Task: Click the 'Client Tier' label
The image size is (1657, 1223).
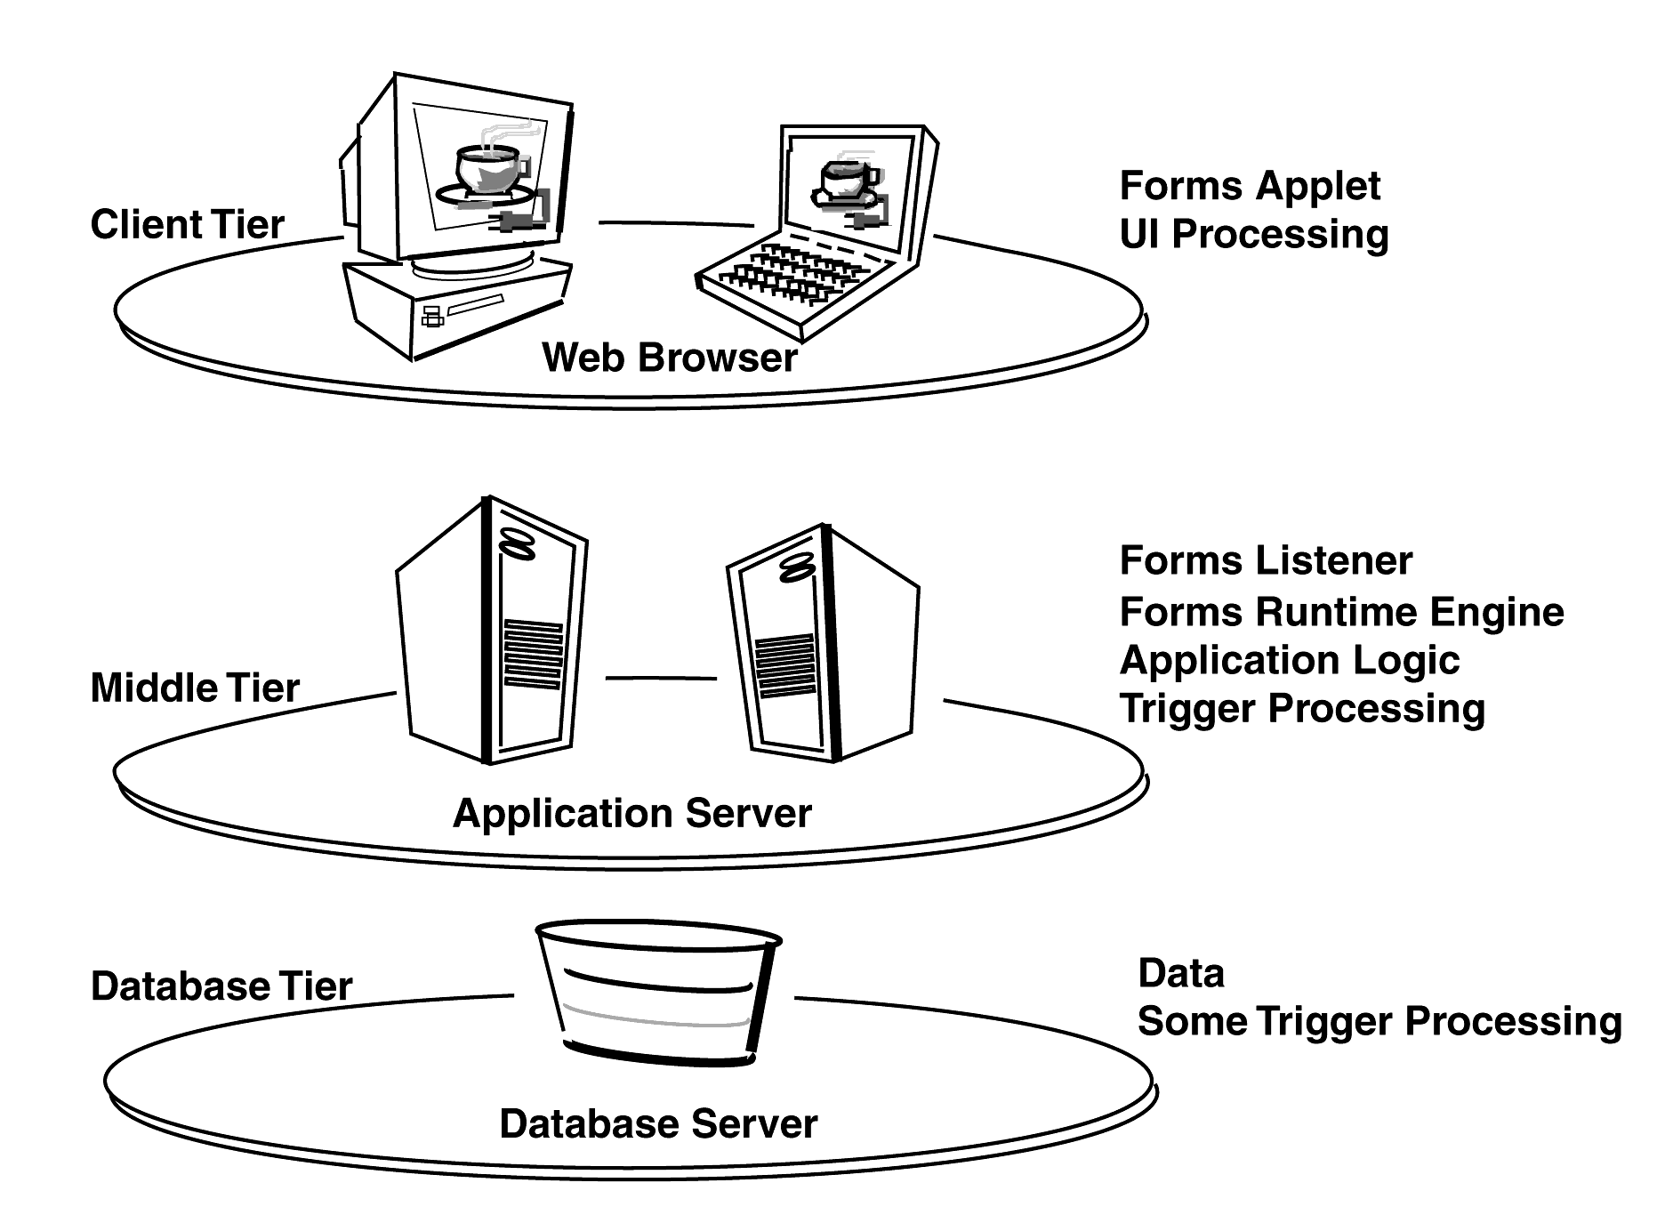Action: point(187,224)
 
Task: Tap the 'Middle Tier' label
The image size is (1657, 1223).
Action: point(195,688)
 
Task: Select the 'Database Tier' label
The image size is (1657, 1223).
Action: point(221,986)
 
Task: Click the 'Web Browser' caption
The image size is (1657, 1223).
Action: point(669,358)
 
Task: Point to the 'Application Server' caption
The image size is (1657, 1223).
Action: point(631,813)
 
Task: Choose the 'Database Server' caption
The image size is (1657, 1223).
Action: point(658,1123)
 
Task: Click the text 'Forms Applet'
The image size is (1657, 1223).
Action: point(1250,186)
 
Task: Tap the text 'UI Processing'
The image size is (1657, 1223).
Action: point(1253,234)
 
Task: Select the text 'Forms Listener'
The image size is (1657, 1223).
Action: point(1266,560)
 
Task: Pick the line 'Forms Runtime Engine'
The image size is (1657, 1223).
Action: point(1341,612)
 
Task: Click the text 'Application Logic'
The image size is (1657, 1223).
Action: point(1290,660)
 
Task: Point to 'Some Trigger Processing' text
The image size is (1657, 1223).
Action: point(1379,1020)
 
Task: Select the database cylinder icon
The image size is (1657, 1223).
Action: point(658,992)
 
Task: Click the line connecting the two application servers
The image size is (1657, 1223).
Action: point(661,678)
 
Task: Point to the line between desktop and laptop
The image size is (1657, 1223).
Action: point(676,223)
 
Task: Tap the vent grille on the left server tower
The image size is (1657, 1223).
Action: point(533,654)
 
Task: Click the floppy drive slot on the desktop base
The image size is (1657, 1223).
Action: point(475,305)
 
